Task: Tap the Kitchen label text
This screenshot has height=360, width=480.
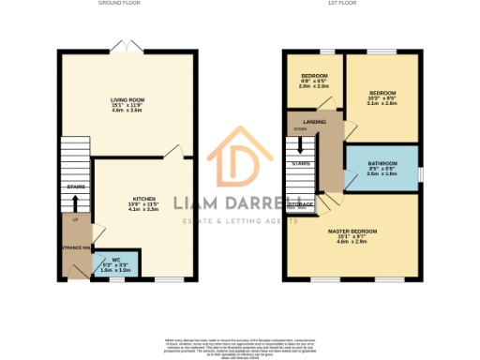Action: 142,199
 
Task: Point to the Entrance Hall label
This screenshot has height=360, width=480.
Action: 75,247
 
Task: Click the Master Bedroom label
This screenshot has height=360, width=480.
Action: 352,230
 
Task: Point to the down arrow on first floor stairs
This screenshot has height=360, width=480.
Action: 300,146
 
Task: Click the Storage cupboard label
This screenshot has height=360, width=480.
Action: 300,203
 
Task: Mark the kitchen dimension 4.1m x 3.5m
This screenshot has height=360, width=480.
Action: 142,210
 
